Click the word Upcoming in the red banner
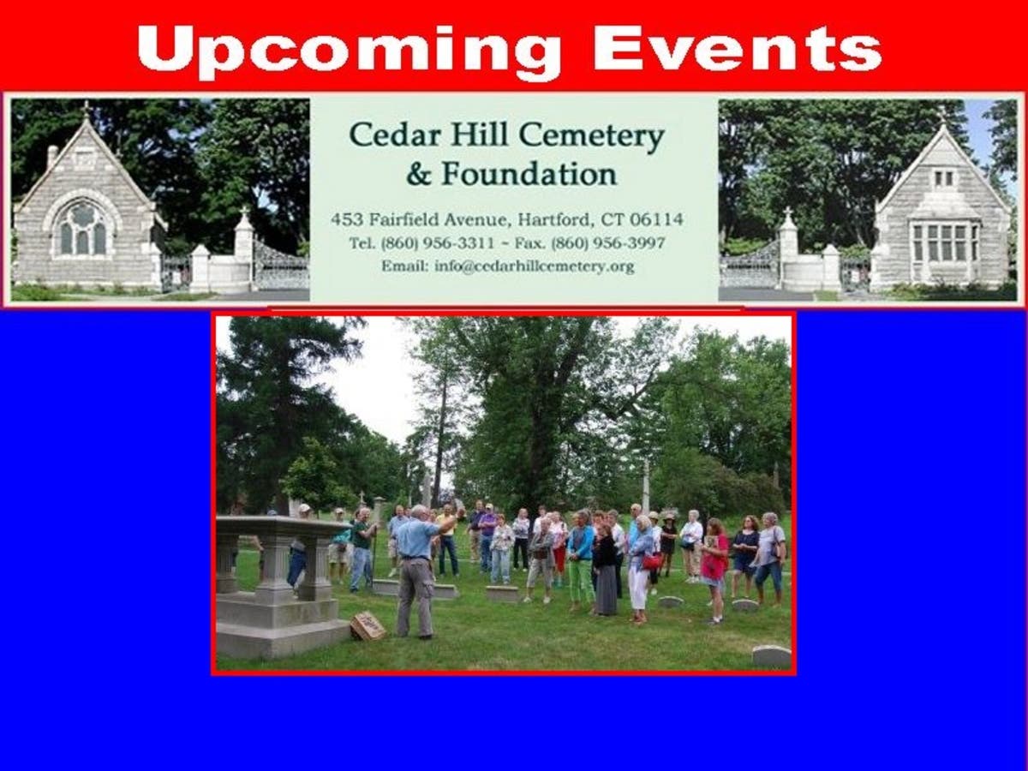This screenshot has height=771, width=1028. coord(349,51)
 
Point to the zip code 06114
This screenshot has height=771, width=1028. coord(656,219)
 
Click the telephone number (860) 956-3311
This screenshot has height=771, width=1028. coord(438,243)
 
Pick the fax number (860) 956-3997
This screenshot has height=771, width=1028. coord(608,243)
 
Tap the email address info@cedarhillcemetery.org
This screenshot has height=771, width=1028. coord(535,266)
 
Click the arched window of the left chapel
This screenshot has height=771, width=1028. coord(83,229)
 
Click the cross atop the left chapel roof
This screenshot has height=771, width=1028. coord(86,109)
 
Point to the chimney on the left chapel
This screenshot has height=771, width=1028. coord(52,157)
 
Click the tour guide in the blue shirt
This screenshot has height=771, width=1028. coord(418,571)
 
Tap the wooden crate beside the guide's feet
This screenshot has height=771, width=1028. coord(368,626)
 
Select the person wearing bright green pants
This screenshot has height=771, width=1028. coord(580,561)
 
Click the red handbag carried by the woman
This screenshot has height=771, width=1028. coord(651,561)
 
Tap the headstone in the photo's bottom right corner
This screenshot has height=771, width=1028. coord(771,655)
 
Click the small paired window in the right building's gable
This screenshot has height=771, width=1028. coord(944,178)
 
